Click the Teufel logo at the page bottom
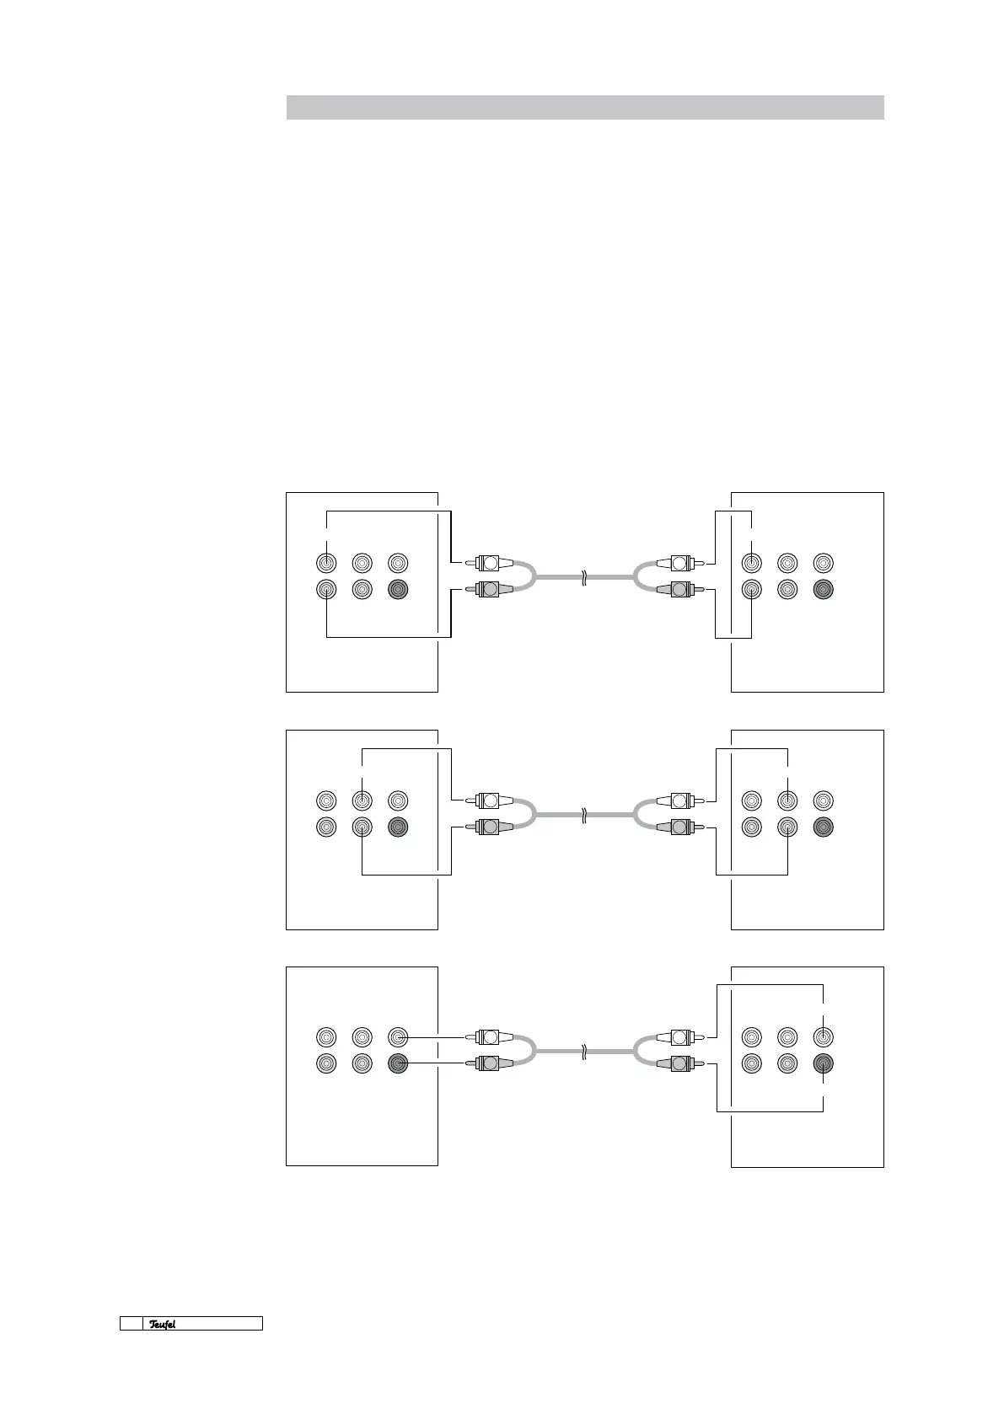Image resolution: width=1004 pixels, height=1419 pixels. [x=163, y=1324]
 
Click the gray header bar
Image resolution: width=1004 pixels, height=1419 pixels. [x=584, y=108]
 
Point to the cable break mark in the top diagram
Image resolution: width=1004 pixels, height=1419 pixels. [x=583, y=577]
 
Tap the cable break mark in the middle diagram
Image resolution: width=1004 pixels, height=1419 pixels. [x=583, y=815]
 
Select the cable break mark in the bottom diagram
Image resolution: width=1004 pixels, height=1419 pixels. [x=583, y=1052]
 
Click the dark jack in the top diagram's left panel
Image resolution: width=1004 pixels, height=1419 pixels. [x=398, y=589]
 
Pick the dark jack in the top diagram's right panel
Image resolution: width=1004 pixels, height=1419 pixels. [x=823, y=589]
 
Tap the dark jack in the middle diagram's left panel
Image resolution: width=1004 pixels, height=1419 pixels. [x=398, y=827]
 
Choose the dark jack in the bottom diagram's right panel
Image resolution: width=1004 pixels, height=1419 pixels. [x=823, y=1063]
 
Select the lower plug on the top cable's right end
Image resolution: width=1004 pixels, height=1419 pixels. [x=679, y=589]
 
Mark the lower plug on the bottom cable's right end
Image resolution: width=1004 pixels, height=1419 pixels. [x=679, y=1063]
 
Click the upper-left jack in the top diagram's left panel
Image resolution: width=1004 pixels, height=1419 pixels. [x=326, y=562]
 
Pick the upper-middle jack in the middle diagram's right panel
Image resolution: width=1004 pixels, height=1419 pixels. [x=787, y=800]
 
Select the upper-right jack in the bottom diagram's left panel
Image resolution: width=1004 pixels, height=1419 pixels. [x=398, y=1036]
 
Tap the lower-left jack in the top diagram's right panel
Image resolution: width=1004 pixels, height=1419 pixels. [x=751, y=589]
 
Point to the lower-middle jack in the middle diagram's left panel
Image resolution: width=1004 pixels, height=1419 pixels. [x=362, y=827]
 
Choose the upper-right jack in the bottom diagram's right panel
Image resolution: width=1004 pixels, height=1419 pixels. [x=823, y=1036]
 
